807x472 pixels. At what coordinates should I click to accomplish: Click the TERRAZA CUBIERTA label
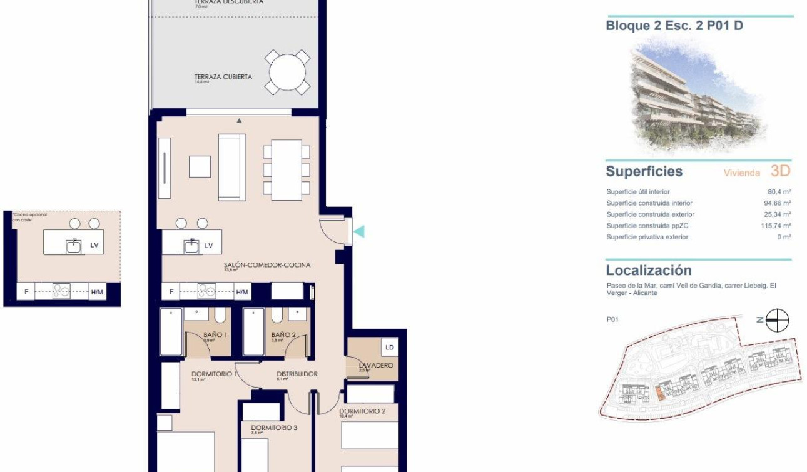click(223, 77)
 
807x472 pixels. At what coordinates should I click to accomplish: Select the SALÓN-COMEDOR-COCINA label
click(266, 265)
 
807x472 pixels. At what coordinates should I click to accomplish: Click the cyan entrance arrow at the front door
click(359, 232)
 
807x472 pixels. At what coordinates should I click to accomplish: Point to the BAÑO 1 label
click(215, 334)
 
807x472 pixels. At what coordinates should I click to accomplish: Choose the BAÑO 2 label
click(283, 334)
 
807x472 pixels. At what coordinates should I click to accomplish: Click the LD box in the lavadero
click(390, 346)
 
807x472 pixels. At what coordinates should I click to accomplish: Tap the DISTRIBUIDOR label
click(297, 374)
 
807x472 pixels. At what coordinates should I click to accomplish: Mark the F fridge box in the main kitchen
click(171, 292)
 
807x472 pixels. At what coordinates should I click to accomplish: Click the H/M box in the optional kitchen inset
click(97, 292)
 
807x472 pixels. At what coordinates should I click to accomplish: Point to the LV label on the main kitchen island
click(209, 246)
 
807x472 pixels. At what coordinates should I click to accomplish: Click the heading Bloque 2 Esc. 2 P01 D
click(674, 26)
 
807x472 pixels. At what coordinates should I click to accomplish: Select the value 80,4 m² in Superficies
click(783, 192)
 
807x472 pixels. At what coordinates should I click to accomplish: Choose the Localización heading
click(649, 271)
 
